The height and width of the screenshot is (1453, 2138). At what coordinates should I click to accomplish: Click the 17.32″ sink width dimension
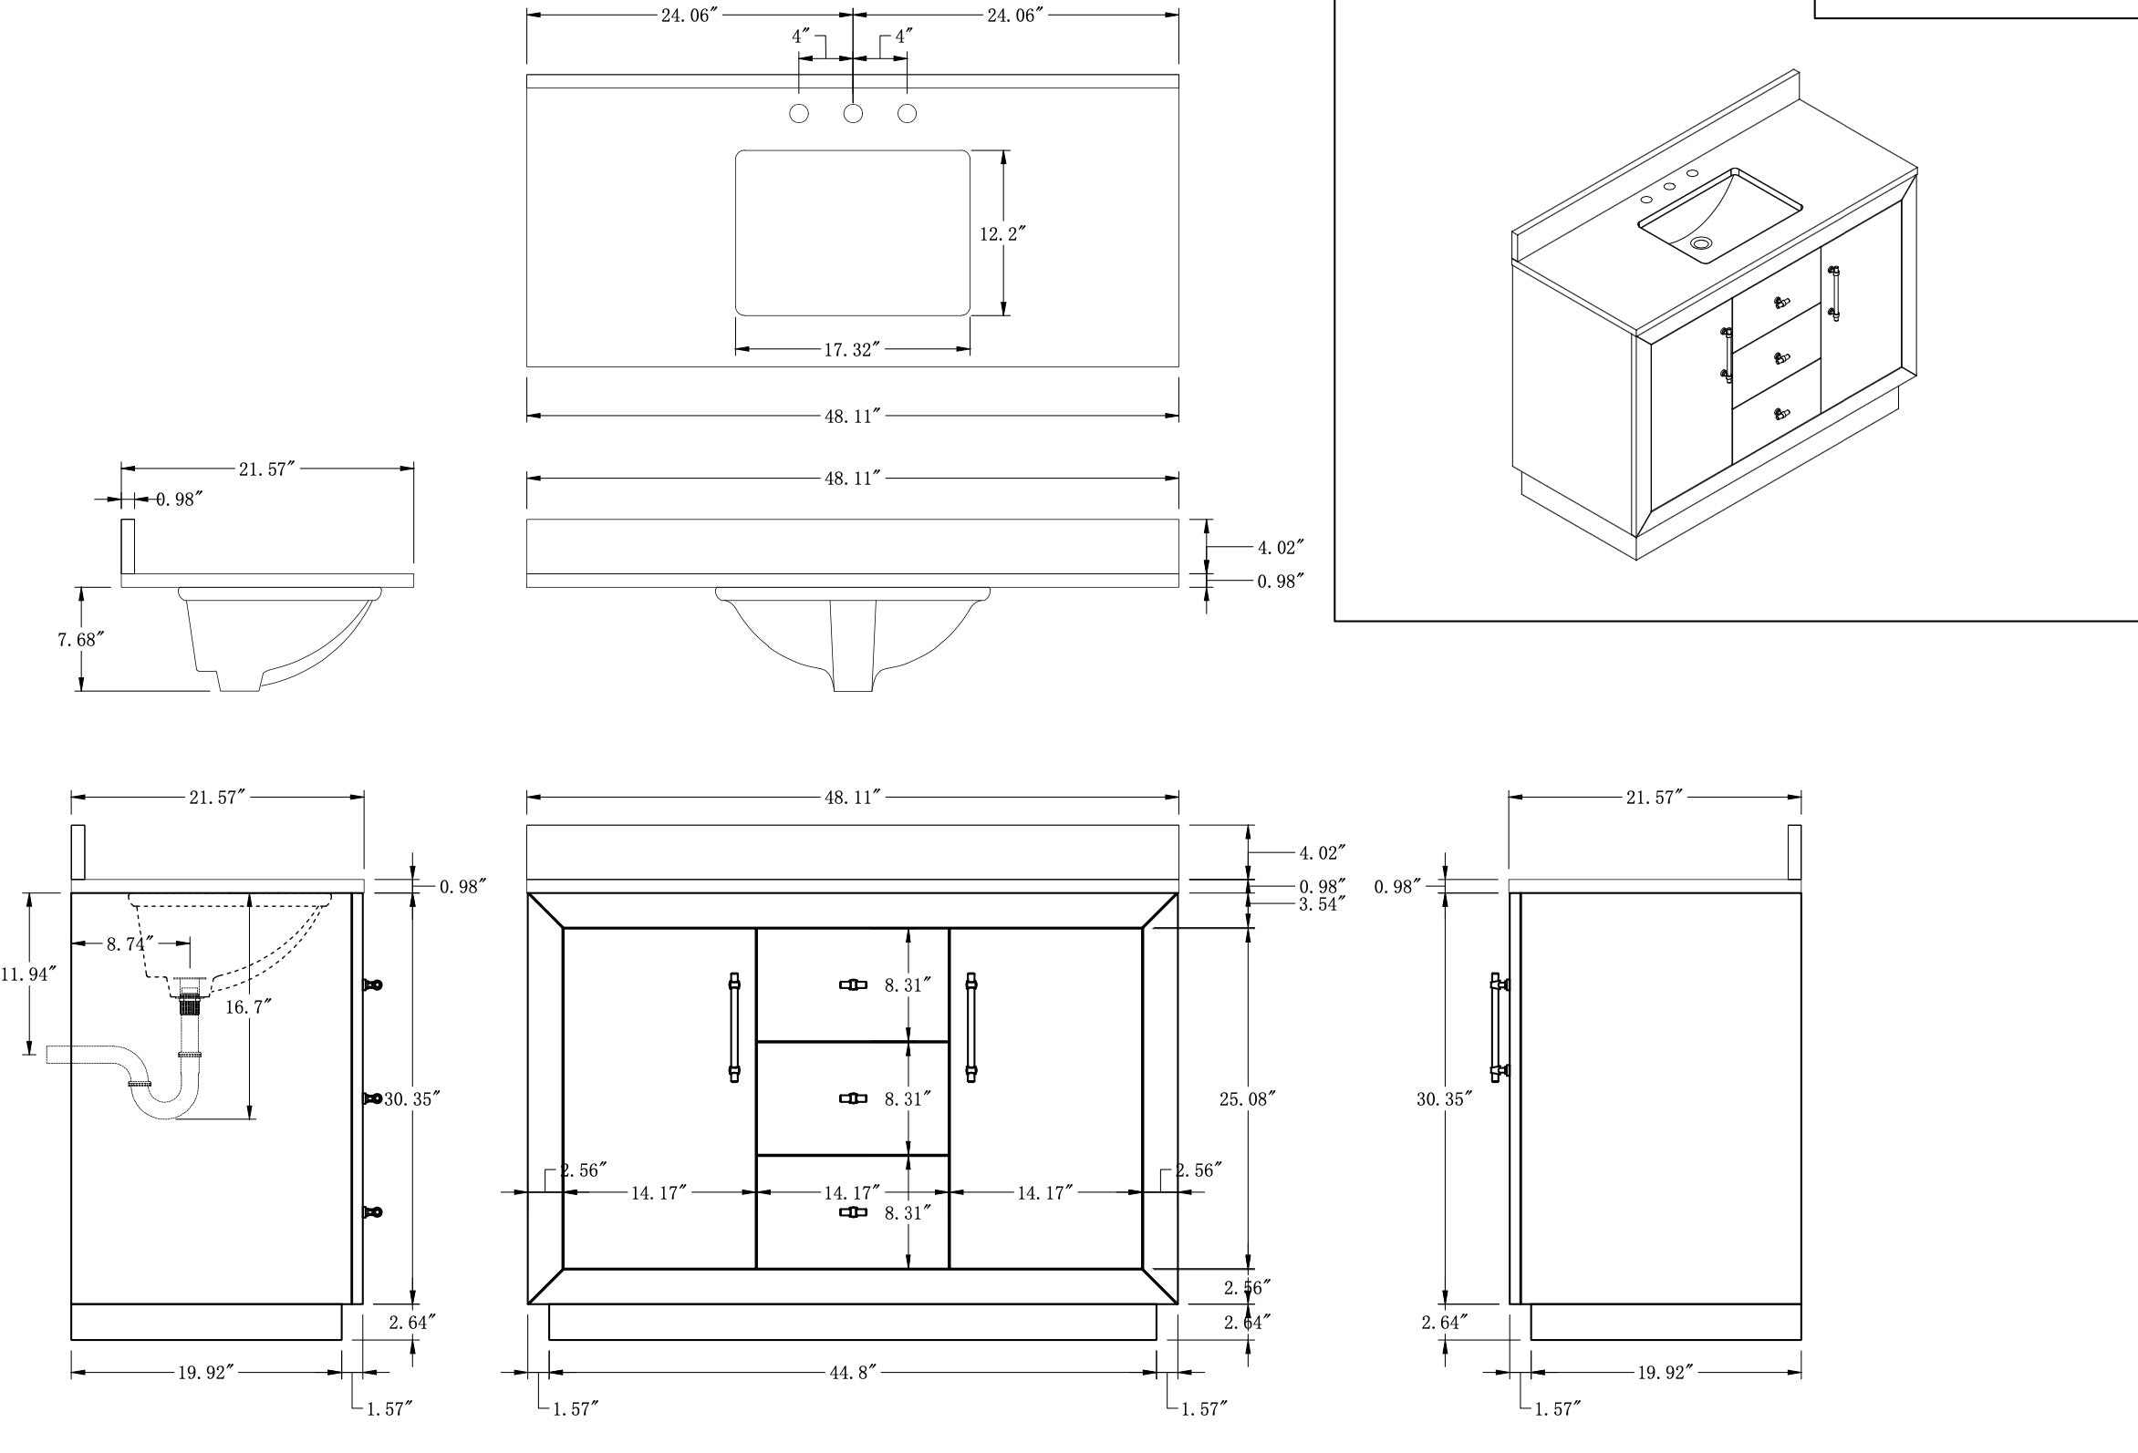click(x=852, y=350)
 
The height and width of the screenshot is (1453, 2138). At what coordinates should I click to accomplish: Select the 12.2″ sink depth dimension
click(x=1002, y=234)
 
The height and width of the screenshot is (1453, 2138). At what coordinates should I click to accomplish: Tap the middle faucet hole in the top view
click(x=854, y=114)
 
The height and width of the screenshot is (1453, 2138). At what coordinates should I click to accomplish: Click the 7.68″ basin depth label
click(x=80, y=639)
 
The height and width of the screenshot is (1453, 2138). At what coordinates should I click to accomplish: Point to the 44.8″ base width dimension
click(x=852, y=1373)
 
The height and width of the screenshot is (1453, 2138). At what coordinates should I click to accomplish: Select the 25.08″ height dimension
click(x=1248, y=1099)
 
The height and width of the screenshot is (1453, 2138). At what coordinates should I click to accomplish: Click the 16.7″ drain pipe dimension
click(x=248, y=1007)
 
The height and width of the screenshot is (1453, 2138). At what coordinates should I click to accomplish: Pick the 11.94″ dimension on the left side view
click(x=28, y=974)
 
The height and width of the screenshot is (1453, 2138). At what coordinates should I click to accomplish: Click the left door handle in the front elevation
click(x=734, y=1027)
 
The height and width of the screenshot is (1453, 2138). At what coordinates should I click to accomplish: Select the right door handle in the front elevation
click(x=971, y=1027)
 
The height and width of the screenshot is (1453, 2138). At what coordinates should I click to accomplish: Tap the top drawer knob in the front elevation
click(x=853, y=984)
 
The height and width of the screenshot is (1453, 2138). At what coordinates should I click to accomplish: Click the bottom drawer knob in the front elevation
click(x=853, y=1212)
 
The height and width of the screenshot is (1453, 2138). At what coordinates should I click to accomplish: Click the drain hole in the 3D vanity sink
click(x=1701, y=243)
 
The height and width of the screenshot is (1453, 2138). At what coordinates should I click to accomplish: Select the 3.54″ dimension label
click(x=1322, y=904)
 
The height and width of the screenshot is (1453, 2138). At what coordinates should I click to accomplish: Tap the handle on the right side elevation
click(x=1498, y=1027)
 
